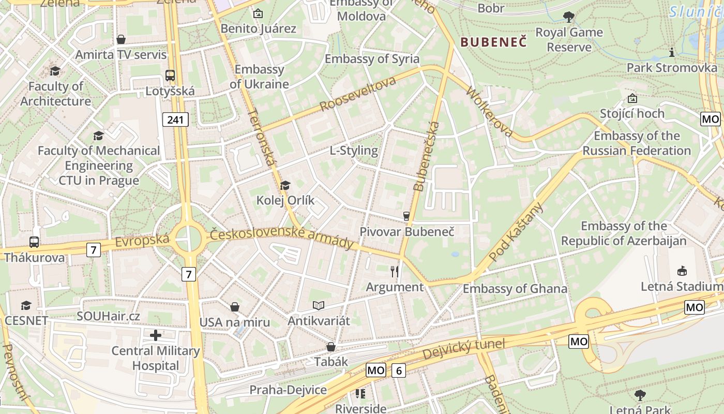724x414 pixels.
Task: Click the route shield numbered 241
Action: (176, 120)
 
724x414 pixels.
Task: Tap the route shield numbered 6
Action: (398, 370)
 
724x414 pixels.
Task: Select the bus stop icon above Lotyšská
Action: (170, 76)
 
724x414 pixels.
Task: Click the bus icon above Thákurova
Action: (34, 242)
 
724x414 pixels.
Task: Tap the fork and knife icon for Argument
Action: (395, 271)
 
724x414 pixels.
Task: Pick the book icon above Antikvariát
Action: (319, 306)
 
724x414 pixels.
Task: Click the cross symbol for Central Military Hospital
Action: (156, 335)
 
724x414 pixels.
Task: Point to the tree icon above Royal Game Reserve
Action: (569, 17)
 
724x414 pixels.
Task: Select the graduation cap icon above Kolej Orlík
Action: (285, 185)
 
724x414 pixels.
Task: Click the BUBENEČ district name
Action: (493, 42)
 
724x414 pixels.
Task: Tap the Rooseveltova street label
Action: (358, 94)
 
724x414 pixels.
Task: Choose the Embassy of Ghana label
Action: (515, 289)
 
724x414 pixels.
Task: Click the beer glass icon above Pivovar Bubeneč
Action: (406, 216)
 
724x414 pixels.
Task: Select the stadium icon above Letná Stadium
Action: (682, 271)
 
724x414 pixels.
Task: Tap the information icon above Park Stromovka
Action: (672, 52)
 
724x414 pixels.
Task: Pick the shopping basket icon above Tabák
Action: (331, 346)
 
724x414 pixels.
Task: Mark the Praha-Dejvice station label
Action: (288, 390)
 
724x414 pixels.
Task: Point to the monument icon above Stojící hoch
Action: (632, 98)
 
